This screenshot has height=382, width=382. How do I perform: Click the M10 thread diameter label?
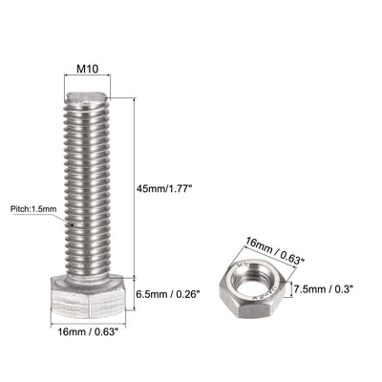[88, 70]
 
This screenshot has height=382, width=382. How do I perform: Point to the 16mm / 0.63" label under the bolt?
[89, 332]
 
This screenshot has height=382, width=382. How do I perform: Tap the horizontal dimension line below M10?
[88, 81]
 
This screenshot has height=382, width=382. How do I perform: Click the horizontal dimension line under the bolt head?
[88, 322]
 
